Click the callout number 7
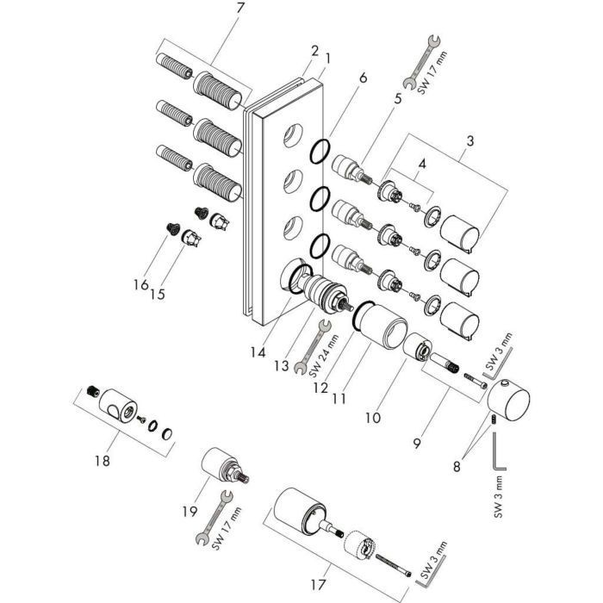coord(240,8)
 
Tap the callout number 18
coord(103,460)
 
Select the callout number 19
coord(190,512)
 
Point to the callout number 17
coord(318,585)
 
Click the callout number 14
coord(258,351)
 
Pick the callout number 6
coord(363,78)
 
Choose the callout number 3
coord(470,140)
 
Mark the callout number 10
coord(373,418)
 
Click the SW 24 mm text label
coord(324,356)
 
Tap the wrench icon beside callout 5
coord(421,62)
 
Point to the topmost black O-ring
coord(320,151)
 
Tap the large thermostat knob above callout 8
coord(508,401)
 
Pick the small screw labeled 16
coord(173,229)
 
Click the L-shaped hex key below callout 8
coord(499,451)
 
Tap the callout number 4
coord(422,165)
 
